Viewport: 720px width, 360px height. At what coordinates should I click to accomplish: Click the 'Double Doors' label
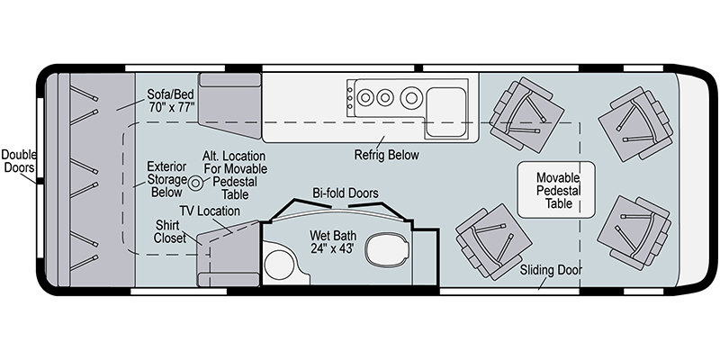(x=18, y=160)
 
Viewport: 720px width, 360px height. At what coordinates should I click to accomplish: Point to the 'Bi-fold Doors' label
(x=345, y=193)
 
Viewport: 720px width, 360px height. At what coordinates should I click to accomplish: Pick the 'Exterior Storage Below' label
(x=166, y=179)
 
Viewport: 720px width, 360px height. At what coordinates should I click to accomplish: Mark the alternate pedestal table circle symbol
(x=193, y=184)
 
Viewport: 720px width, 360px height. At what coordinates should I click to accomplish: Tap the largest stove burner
(x=413, y=96)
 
